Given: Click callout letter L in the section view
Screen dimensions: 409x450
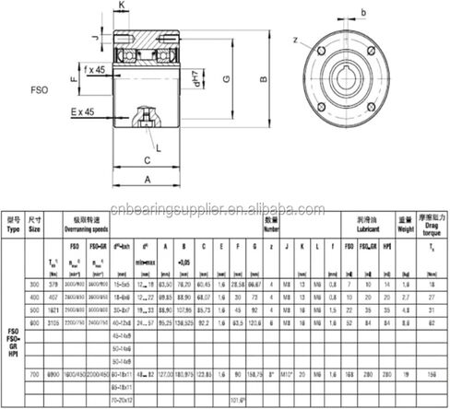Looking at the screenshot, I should (162, 146).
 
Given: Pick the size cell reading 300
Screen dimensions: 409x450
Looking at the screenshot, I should (35, 286).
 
